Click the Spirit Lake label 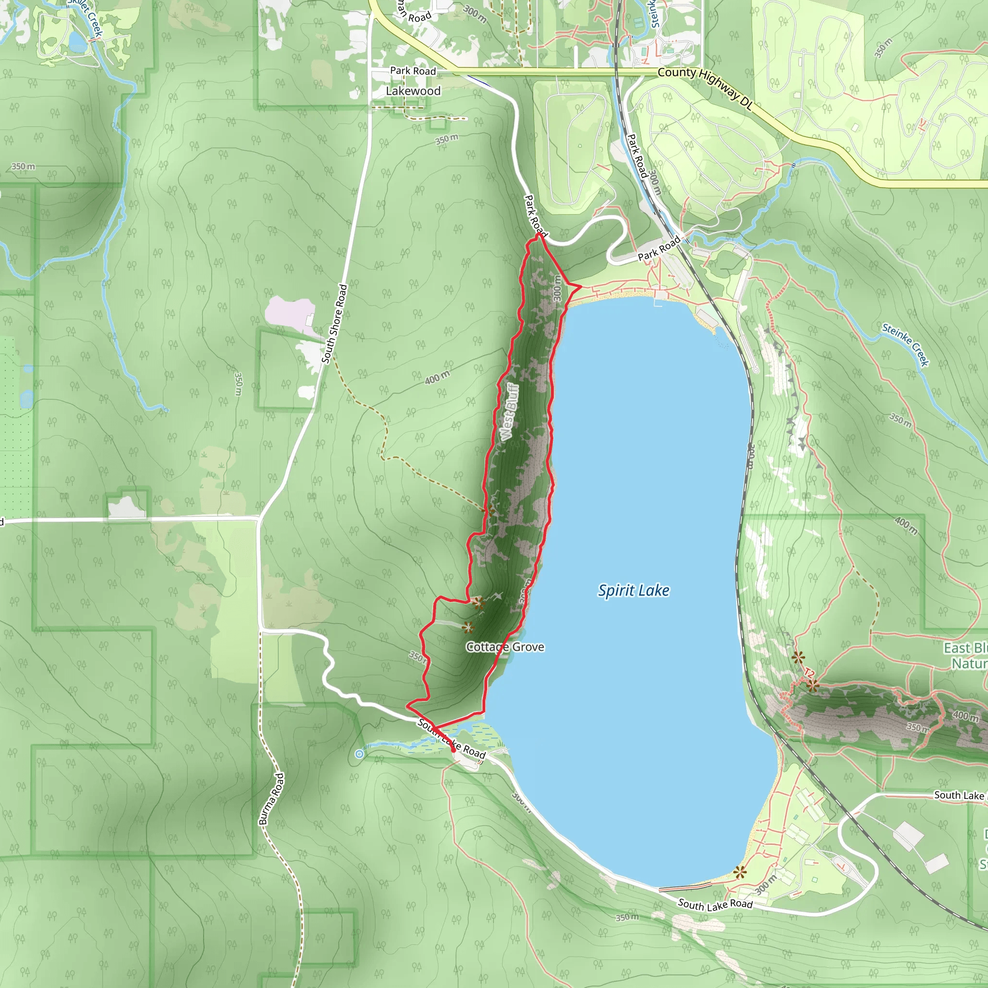633,590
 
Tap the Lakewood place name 413,91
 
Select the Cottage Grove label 505,647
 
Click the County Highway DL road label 706,88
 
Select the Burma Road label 272,799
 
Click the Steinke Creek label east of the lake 905,344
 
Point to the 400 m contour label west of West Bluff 437,377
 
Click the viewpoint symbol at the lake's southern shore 740,873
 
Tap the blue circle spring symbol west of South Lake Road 359,754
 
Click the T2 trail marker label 809,673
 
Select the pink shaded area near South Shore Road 289,312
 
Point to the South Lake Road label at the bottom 715,905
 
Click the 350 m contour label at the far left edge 24,167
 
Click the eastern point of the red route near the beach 581,288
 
